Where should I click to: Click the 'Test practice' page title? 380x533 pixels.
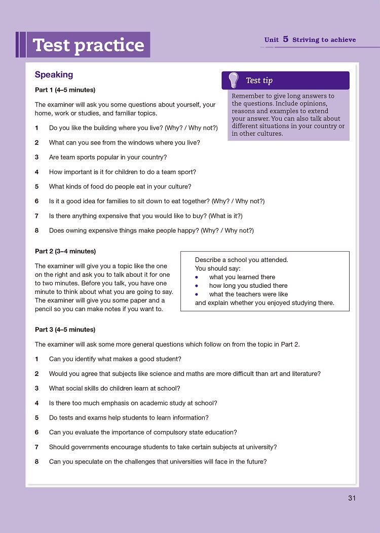click(x=88, y=45)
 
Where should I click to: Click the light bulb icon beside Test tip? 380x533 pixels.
click(x=234, y=80)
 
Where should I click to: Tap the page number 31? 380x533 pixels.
click(x=352, y=498)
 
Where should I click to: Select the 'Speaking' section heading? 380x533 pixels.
click(x=54, y=75)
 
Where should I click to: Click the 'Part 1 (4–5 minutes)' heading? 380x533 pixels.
click(x=65, y=90)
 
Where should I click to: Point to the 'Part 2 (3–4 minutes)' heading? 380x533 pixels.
click(x=65, y=251)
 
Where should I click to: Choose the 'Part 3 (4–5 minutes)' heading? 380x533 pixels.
click(x=65, y=330)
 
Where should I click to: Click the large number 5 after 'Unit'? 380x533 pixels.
click(x=286, y=39)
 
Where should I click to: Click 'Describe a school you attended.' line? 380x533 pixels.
click(x=241, y=260)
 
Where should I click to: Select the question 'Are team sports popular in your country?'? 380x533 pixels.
click(x=108, y=158)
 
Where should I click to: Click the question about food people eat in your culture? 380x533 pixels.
click(x=120, y=187)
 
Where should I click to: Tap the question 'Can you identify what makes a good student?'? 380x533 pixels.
click(x=115, y=359)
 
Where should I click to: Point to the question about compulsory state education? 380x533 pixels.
click(x=143, y=433)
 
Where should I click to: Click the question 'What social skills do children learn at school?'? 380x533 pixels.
click(x=115, y=389)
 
